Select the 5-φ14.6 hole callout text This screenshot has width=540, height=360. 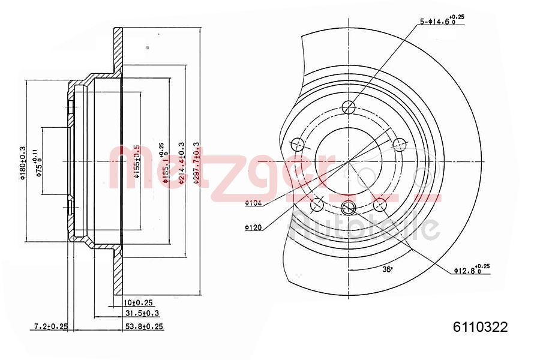point(442,22)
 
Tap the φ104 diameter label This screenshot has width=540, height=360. point(253,203)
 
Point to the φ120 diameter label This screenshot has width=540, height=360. point(253,227)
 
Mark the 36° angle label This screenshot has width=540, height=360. point(388,269)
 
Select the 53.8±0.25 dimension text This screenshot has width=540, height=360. point(143,326)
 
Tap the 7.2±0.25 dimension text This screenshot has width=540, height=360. point(50,326)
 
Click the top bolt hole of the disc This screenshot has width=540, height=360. point(349,107)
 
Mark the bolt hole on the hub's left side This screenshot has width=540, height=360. point(297,144)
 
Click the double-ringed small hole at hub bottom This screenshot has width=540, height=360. point(349,208)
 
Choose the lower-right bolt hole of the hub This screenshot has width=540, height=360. point(380,205)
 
